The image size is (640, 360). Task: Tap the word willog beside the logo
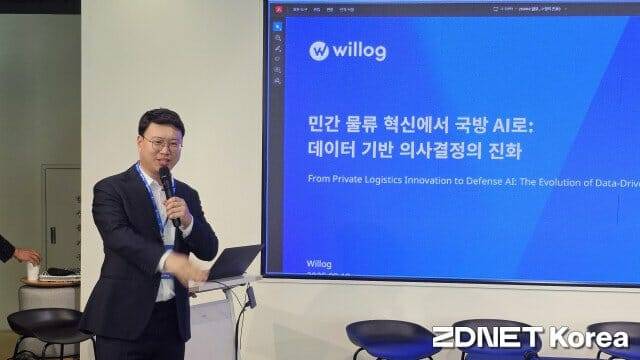coord(361,50)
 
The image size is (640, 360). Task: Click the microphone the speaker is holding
coord(166,185)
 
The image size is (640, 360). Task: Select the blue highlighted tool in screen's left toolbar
coord(277,24)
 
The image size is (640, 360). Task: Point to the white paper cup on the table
coord(32,271)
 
